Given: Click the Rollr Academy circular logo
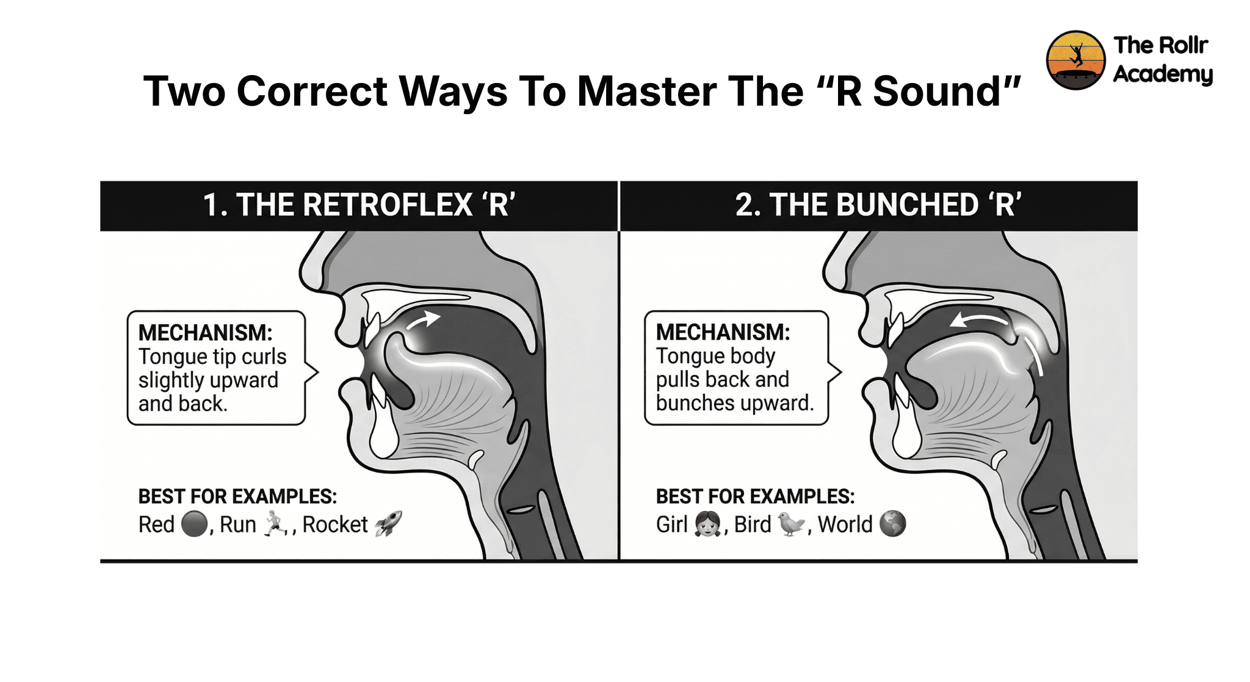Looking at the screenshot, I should coord(1075,60).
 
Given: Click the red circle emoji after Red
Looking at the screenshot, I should coord(195,524).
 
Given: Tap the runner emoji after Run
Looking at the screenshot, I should coord(275,524).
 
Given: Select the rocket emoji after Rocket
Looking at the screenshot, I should coord(388,524).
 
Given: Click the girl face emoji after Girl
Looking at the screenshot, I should coord(707,524).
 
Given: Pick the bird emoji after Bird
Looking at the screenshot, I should coord(791,524).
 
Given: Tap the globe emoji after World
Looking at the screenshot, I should coord(893,524).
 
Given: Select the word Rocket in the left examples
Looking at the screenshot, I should coord(335,524).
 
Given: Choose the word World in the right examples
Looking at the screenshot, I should coord(845,524).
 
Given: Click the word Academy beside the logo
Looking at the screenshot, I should coord(1163,74).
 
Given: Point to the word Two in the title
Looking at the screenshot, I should coord(184,92).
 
